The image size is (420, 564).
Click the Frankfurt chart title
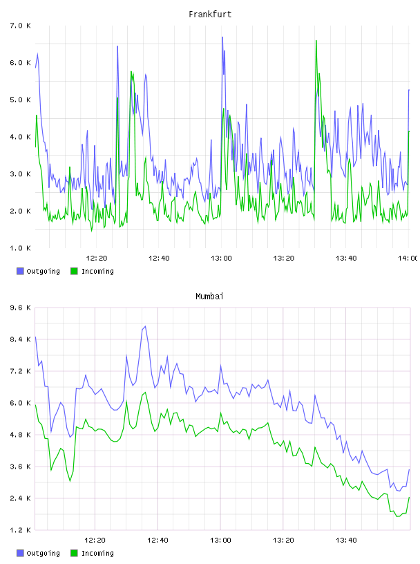(x=210, y=15)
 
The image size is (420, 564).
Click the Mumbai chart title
(x=209, y=297)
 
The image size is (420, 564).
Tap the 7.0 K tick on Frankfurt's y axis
(x=20, y=26)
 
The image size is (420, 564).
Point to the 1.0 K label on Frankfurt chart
(x=20, y=248)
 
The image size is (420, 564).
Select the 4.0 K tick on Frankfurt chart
(x=20, y=137)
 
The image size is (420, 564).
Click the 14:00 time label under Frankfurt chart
(x=408, y=258)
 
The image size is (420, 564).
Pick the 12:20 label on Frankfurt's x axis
(x=97, y=258)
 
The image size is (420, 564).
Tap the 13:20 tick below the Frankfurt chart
(x=284, y=258)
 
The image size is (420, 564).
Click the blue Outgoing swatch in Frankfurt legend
(x=20, y=271)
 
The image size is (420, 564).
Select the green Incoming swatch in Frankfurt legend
(x=74, y=271)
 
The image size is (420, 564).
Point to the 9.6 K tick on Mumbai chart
(x=20, y=308)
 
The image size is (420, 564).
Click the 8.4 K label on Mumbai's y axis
(x=20, y=339)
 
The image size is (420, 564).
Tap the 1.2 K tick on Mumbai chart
(x=20, y=530)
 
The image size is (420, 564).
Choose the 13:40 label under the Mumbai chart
(x=346, y=540)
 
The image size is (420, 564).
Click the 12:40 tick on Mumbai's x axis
(x=157, y=540)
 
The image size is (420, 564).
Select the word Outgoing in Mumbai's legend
(x=43, y=553)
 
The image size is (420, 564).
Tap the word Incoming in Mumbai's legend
(x=97, y=553)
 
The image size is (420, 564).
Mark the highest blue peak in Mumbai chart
(x=145, y=326)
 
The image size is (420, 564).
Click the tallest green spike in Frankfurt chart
(x=316, y=41)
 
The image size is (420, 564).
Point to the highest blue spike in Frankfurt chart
(x=222, y=37)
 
